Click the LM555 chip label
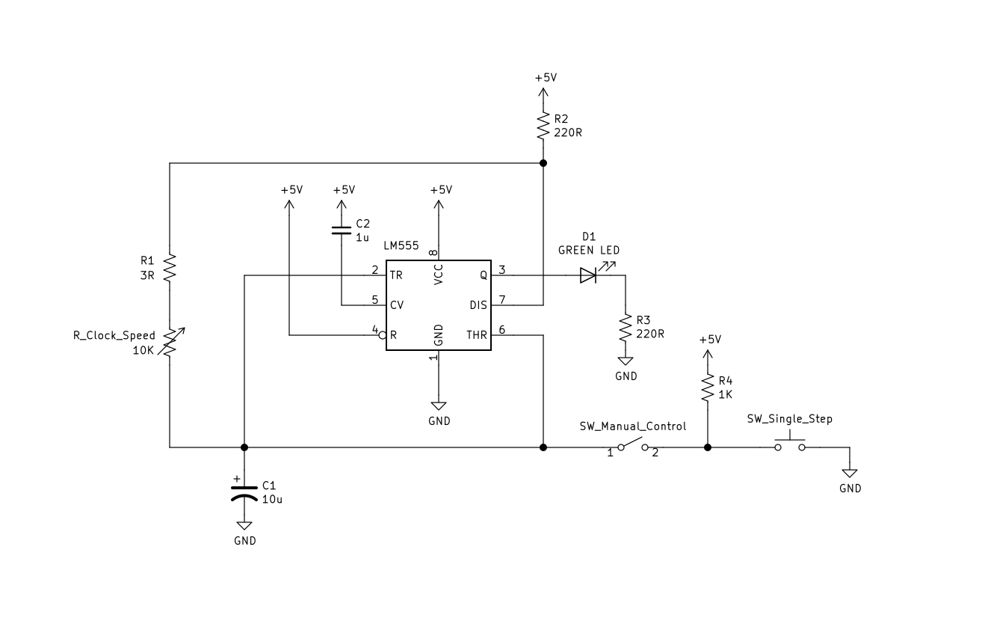coord(401,246)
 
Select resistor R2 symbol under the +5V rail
coord(543,126)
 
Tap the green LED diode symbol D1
coord(588,275)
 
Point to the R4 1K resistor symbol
coord(707,388)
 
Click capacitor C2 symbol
coord(342,229)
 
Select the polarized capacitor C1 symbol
coord(244,492)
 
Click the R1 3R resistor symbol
coord(170,267)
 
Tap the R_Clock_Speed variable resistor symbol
coord(170,342)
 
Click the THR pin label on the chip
coord(476,335)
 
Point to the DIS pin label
coord(478,305)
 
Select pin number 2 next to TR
coord(375,270)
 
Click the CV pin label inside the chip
coord(397,305)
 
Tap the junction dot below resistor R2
coord(543,163)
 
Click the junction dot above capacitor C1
coord(244,447)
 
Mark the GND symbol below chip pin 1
coord(439,405)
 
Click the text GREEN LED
coord(589,250)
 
